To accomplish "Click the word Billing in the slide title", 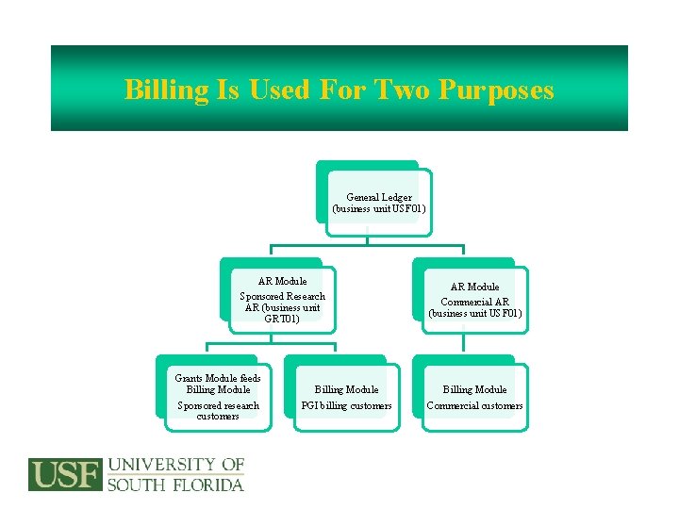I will pos(167,90).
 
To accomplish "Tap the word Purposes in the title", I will pos(498,90).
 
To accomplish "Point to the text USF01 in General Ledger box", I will pos(409,208).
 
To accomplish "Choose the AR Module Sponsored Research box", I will pos(282,299).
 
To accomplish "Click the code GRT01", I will pos(283,319).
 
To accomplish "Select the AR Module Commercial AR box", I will pos(474,299).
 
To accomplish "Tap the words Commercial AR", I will pos(475,300).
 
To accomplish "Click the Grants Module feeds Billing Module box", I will pos(218,396).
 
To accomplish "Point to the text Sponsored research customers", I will pos(218,410).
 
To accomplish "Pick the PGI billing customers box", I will pos(346,397).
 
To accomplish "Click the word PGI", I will pos(310,405).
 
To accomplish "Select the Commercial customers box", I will pos(474,397).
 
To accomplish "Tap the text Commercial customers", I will pos(474,405).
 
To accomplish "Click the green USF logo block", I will pos(65,474).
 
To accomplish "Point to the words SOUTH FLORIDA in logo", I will pos(175,484).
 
